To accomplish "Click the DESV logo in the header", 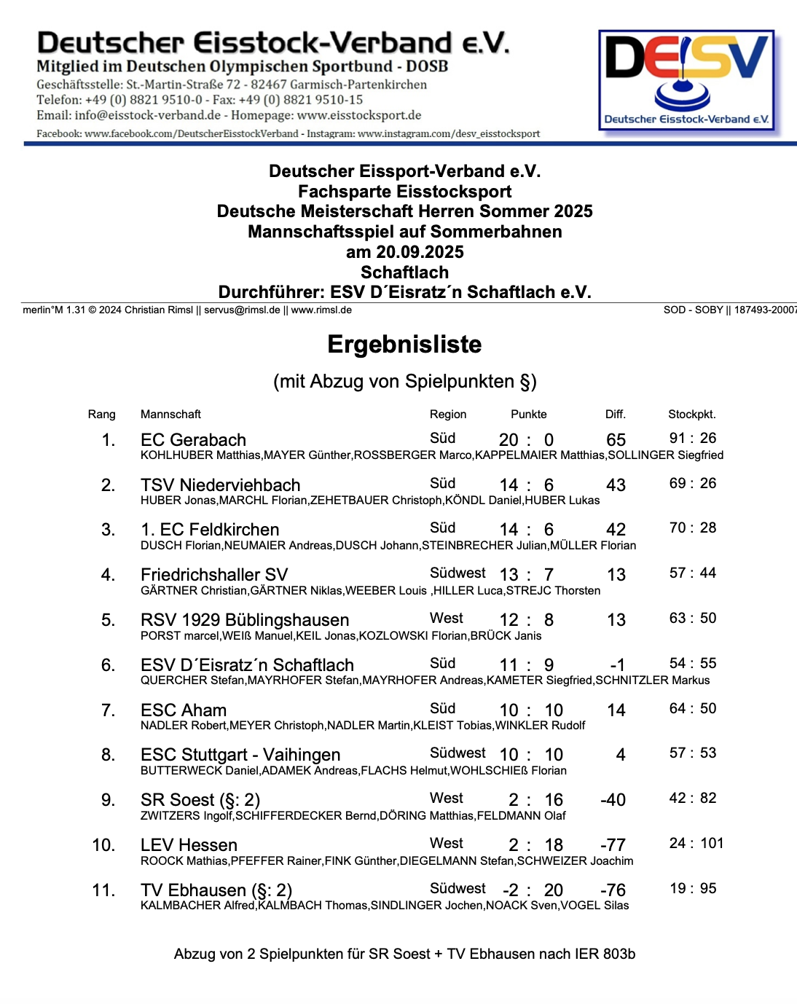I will pos(686,80).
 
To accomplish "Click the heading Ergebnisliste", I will pos(404,344).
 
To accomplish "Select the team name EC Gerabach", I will pos(193,440).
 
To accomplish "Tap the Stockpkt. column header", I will pos(691,414).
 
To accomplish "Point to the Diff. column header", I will pos(615,414).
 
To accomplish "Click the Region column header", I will pos(447,414).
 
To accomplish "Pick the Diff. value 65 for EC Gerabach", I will pos(616,440).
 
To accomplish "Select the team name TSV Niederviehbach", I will pos(220,485).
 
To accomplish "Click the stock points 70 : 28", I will pos(692,528).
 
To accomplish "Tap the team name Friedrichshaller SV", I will pos(214,575).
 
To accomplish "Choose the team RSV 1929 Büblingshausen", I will pos(245,620).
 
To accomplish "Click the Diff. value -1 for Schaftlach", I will pos(617,665).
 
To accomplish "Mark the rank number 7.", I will pos(108,710).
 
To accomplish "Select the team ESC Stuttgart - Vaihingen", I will pos(240,755).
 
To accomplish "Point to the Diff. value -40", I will pos(613,800).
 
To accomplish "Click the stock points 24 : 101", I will pos(696,843).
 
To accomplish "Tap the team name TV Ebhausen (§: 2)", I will pos(216,890).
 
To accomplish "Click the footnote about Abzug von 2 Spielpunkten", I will pos(404,954).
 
